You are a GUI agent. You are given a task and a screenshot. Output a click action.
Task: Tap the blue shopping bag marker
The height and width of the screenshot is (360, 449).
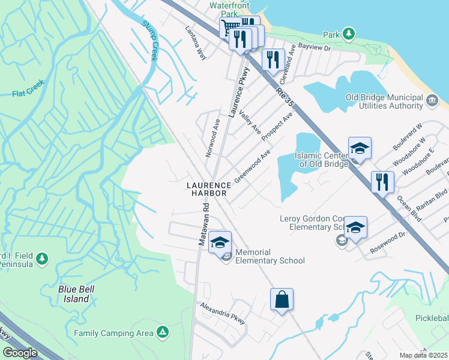tap(282, 299)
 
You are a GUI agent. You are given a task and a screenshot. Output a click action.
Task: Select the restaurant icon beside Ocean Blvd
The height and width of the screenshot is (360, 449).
tap(382, 181)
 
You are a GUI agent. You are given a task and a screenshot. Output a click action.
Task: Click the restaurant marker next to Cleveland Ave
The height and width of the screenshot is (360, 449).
tap(273, 59)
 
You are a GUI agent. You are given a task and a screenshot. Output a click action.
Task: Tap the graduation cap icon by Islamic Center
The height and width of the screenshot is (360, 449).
tap(360, 148)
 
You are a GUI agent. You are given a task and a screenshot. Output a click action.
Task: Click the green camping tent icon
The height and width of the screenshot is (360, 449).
tap(162, 332)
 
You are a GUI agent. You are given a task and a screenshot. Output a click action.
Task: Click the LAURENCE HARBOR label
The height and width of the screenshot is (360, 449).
tap(208, 190)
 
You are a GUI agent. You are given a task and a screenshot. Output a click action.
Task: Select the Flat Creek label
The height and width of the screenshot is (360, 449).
tap(27, 94)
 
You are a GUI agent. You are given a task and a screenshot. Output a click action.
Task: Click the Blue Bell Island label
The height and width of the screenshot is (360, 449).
tap(77, 293)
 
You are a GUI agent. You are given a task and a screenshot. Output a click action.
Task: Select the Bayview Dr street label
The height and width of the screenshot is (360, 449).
tap(319, 47)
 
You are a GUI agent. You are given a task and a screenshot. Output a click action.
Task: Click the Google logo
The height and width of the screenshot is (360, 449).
tap(20, 353)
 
